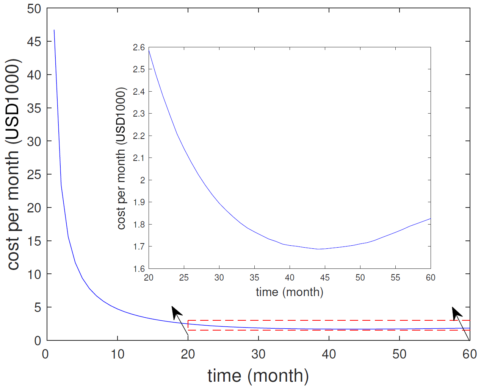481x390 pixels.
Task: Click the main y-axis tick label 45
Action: [x=34, y=42]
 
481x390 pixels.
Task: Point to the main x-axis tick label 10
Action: [x=118, y=354]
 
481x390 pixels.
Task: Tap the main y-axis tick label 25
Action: [x=34, y=175]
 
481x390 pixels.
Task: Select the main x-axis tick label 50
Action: [x=399, y=354]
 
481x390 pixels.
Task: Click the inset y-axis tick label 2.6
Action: [x=139, y=47]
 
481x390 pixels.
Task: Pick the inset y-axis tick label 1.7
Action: [x=139, y=246]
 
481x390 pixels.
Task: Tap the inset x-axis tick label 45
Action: [x=325, y=278]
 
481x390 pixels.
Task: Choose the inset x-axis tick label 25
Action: [x=184, y=278]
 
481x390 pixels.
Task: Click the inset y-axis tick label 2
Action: [x=143, y=180]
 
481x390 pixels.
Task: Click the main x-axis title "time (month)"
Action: [x=258, y=376]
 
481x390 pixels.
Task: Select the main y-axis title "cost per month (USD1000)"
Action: [x=13, y=165]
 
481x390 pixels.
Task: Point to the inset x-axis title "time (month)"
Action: [x=290, y=292]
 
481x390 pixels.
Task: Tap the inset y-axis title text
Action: [x=121, y=158]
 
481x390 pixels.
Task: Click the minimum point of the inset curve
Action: [x=319, y=249]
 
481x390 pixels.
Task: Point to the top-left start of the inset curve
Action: [x=149, y=50]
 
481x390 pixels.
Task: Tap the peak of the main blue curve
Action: [x=54, y=30]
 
